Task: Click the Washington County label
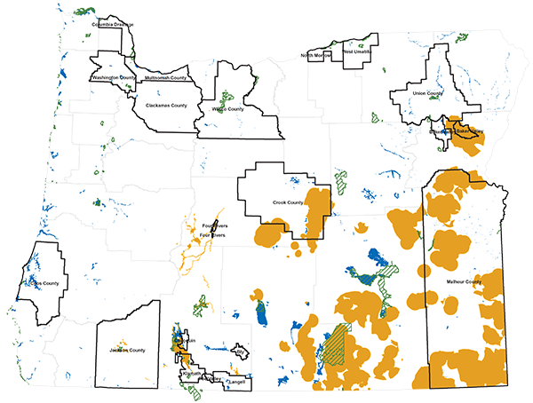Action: (112, 78)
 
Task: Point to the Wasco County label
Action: (227, 109)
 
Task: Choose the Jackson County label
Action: (127, 350)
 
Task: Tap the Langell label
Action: (235, 383)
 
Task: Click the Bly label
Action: (240, 352)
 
